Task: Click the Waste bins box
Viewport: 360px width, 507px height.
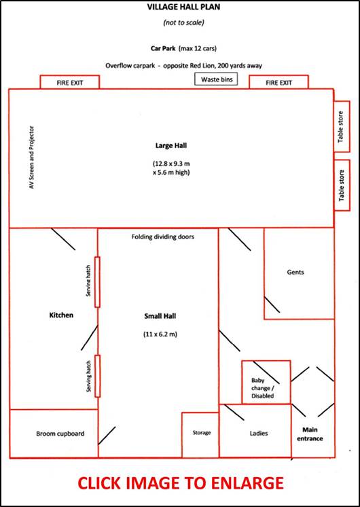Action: click(216, 80)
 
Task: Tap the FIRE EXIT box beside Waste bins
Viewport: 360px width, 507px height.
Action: click(278, 82)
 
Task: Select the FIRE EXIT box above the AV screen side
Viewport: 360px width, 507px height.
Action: click(69, 82)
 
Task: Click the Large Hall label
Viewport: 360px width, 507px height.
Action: click(171, 146)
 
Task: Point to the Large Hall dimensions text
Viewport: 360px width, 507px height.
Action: click(171, 168)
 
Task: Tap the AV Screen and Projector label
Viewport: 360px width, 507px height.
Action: click(32, 158)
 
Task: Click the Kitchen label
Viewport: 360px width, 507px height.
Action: click(61, 315)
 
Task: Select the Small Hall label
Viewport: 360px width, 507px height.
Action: click(160, 316)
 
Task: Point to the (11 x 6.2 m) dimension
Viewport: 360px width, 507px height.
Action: click(160, 334)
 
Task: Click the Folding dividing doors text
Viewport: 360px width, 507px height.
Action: click(163, 237)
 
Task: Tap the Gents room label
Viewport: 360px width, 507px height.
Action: click(295, 273)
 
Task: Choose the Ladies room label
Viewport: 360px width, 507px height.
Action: click(259, 434)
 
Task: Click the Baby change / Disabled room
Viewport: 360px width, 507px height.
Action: click(266, 382)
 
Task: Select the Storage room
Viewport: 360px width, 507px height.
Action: click(200, 435)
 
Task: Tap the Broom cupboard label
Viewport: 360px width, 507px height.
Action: click(60, 434)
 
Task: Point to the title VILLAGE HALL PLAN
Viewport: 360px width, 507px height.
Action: click(184, 7)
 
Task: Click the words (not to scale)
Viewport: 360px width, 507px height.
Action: click(184, 22)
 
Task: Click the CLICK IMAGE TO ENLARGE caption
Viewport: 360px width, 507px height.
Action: click(181, 483)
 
